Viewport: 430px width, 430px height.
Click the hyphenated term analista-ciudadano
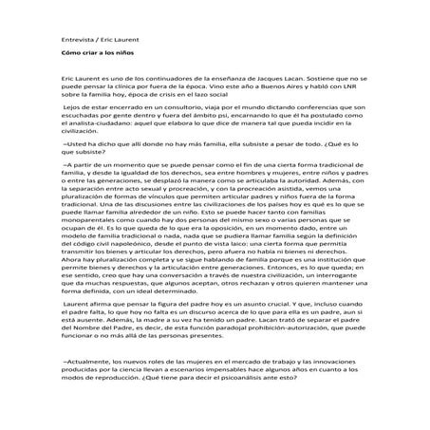94,127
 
